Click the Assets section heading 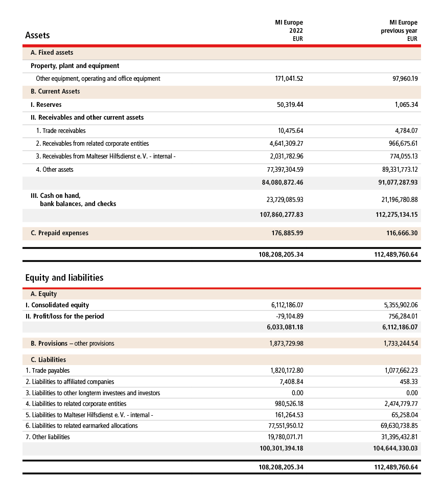pos(37,35)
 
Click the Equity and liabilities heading pos(64,278)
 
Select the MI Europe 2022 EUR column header pos(289,30)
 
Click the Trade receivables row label pos(61,131)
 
